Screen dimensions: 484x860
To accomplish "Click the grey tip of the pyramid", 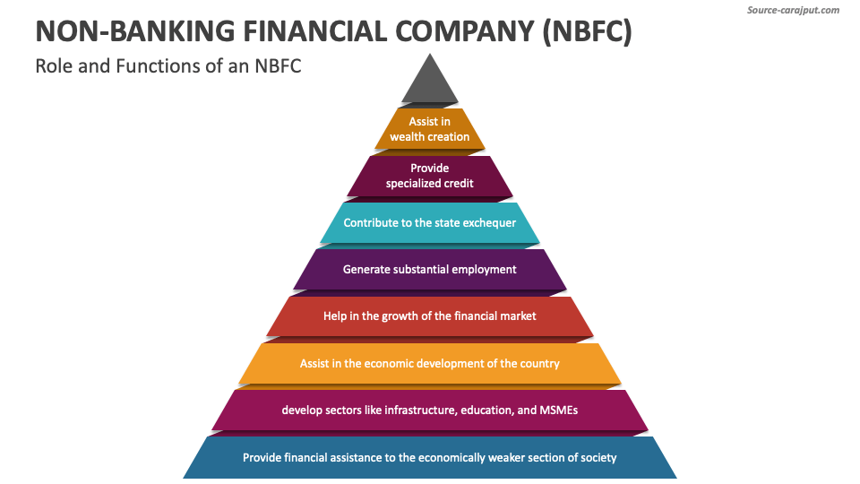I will click(430, 83).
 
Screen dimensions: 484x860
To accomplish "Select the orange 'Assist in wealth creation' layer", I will click(430, 129).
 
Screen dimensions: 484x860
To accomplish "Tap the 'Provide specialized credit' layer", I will click(430, 176).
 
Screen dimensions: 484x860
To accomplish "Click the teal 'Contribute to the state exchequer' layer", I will click(430, 222).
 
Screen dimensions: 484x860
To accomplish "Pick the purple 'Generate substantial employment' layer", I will click(430, 269).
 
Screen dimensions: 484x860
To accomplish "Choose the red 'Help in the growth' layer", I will click(430, 315).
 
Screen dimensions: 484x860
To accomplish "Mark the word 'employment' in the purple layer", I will click(486, 269).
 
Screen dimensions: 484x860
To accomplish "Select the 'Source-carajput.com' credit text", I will click(793, 10).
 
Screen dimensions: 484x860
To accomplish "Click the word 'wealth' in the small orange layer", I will click(408, 137).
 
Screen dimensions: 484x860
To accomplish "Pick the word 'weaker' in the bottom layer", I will click(506, 457).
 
